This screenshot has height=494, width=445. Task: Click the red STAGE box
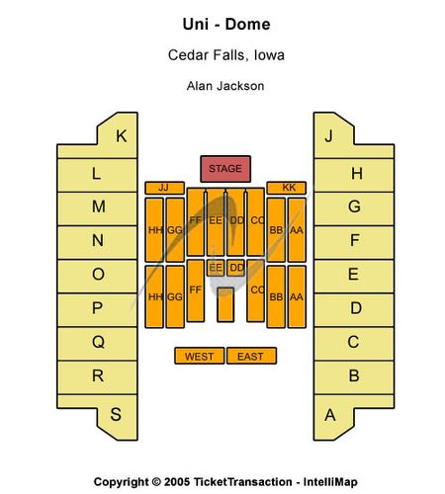(225, 169)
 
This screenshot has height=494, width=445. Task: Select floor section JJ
(164, 188)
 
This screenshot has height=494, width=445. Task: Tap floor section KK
(287, 188)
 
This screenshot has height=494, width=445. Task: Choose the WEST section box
(200, 356)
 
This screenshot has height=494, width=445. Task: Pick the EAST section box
(252, 356)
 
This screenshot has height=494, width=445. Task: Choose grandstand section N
(97, 242)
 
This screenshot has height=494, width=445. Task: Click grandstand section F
(354, 242)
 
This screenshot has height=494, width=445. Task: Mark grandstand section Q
(97, 343)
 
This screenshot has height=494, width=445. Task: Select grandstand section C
(354, 343)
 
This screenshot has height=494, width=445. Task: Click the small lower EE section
(216, 268)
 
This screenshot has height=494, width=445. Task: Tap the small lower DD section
(235, 268)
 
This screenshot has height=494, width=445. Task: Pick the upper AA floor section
(297, 229)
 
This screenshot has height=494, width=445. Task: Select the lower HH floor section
(154, 296)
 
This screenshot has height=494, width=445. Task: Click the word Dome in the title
(247, 25)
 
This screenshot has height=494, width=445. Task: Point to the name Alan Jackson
(225, 86)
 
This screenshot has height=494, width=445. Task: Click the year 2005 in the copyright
(177, 482)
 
